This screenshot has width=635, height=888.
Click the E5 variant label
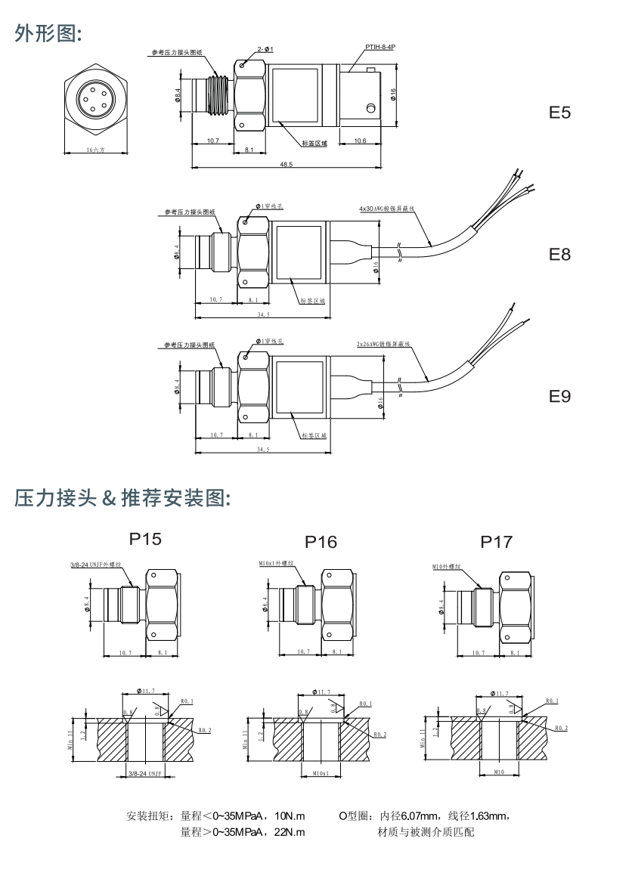[x=559, y=113]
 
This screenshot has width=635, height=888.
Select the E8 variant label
[x=559, y=255]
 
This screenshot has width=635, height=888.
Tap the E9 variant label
[x=559, y=396]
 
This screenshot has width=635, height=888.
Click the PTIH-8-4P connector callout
[x=380, y=47]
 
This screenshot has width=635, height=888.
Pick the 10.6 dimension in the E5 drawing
[x=359, y=141]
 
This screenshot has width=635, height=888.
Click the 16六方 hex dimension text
[x=95, y=150]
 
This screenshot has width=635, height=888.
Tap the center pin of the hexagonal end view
[x=95, y=99]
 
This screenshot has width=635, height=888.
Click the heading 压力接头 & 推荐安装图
[x=122, y=498]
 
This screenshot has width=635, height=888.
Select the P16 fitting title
[x=321, y=542]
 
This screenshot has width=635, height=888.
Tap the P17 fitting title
[x=496, y=542]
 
